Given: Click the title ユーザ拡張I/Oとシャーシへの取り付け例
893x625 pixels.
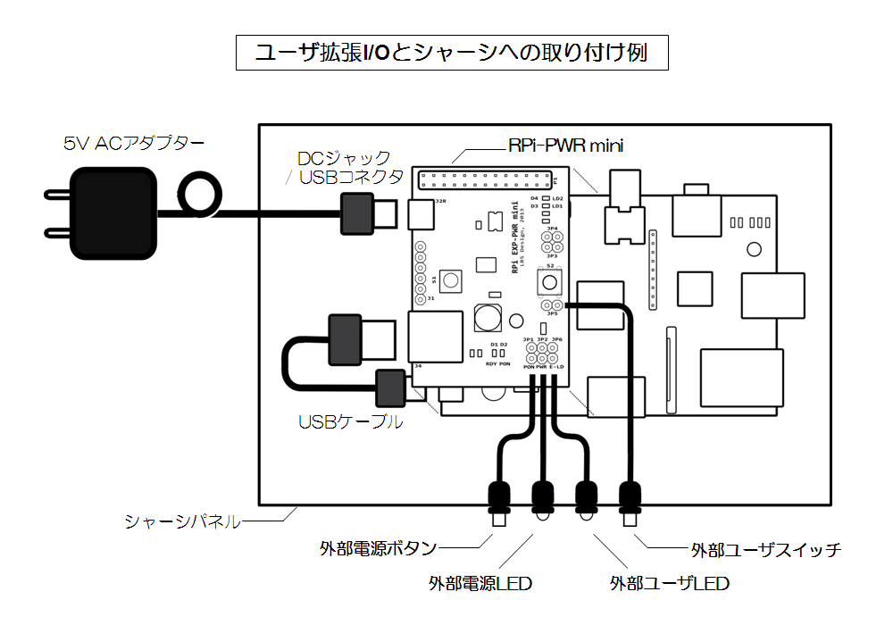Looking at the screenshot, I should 451,53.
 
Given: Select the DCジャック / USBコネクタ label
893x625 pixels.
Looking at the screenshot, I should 350,167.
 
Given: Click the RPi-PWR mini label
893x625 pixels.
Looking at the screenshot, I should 565,145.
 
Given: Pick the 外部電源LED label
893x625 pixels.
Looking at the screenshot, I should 480,584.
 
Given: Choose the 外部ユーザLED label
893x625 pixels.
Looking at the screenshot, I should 670,584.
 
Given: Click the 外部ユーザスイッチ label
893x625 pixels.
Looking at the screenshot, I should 766,549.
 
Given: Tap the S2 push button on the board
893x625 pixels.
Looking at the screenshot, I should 549,283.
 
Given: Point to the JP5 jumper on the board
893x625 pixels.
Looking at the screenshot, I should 552,305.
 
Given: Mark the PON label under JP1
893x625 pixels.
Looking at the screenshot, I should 529,366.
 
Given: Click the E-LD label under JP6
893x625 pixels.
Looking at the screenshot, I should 557,366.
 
